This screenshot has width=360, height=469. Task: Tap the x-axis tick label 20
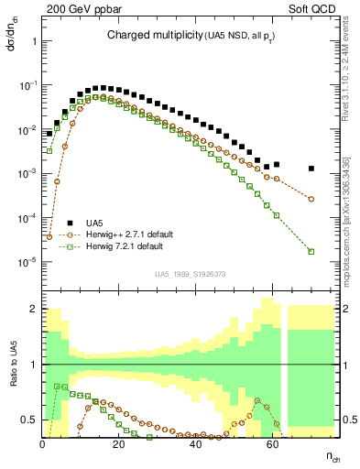point(118,443)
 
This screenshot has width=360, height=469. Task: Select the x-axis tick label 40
point(195,443)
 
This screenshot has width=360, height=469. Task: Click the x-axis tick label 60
point(272,443)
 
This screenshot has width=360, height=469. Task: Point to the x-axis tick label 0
point(42,443)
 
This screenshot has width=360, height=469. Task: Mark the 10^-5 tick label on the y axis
point(27,262)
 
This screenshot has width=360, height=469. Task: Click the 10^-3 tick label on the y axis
point(27,173)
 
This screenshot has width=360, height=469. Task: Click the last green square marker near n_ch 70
point(311,252)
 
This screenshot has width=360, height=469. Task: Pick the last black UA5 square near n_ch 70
point(311,169)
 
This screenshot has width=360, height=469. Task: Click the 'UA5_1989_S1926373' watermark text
point(191,273)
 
